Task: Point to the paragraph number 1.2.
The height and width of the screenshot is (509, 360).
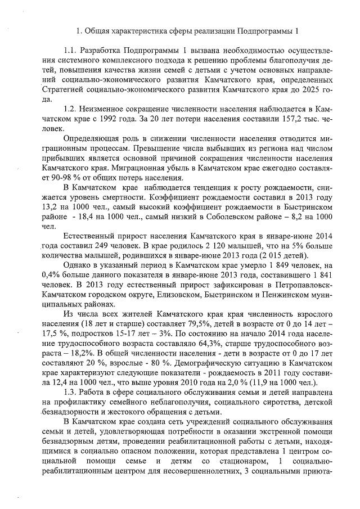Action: pyautogui.click(x=71, y=108)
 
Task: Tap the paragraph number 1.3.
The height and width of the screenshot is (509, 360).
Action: pyautogui.click(x=71, y=391)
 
